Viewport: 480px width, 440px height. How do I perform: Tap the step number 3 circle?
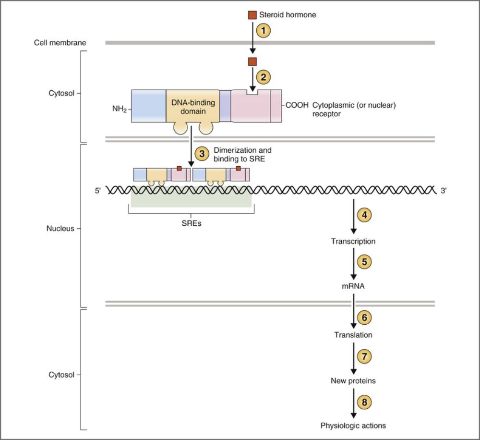click(x=202, y=154)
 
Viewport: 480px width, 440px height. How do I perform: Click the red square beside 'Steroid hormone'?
click(x=252, y=15)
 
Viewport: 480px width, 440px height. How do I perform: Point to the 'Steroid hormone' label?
click(x=288, y=15)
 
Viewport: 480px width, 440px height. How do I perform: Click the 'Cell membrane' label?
click(x=60, y=43)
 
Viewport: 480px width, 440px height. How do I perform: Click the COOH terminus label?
click(x=297, y=105)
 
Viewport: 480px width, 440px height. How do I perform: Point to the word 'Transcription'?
click(x=353, y=241)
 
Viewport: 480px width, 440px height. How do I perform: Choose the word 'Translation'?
click(x=353, y=335)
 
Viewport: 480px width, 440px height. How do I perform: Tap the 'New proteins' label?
click(x=353, y=381)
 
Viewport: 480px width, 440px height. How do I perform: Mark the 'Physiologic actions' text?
click(x=353, y=425)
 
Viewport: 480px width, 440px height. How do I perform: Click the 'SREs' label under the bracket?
click(x=191, y=223)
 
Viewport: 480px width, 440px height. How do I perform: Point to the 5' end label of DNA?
click(x=98, y=190)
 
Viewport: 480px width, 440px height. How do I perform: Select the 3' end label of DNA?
click(x=444, y=190)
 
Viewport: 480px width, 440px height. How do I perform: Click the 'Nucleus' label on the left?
click(x=60, y=229)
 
